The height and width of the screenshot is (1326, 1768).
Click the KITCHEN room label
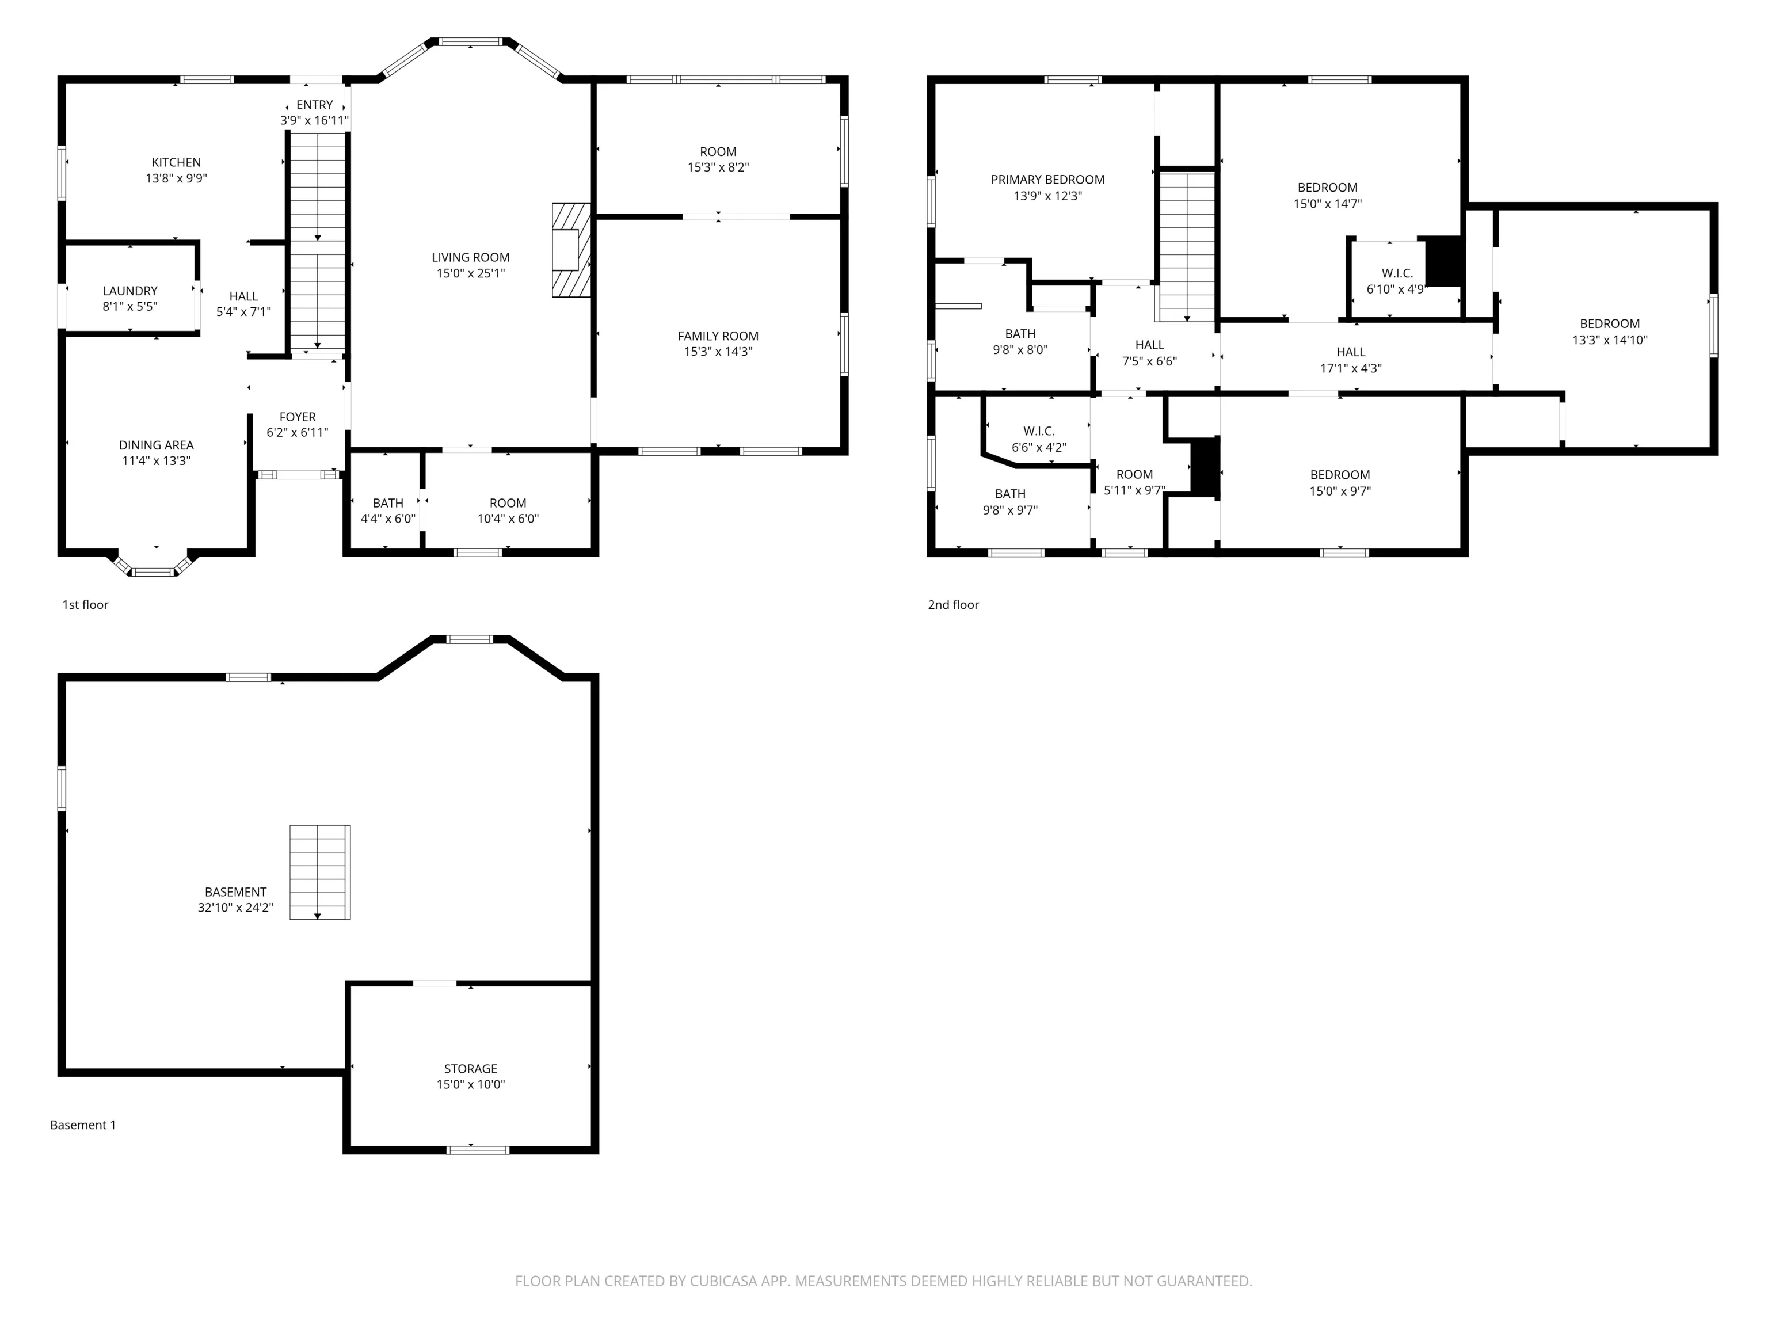click(x=176, y=162)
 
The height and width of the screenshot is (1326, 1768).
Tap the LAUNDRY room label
click(x=130, y=291)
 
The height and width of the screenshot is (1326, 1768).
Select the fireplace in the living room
click(x=571, y=250)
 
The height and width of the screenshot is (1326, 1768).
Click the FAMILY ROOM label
click(x=718, y=336)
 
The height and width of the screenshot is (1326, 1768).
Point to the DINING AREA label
click(x=156, y=445)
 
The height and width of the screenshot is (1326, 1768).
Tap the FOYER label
click(x=298, y=417)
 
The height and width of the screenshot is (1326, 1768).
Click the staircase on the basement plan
click(x=320, y=872)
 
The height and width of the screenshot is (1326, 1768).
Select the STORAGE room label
click(x=471, y=1069)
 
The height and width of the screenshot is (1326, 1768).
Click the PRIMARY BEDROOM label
click(x=1048, y=180)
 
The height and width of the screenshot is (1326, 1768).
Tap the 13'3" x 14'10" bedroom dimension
click(x=1610, y=340)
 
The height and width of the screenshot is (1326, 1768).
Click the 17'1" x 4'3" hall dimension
click(x=1351, y=368)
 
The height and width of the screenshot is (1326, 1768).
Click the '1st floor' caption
click(x=86, y=605)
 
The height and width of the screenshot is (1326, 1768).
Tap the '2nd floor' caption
click(x=954, y=605)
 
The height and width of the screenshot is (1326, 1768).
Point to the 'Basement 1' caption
click(x=83, y=1125)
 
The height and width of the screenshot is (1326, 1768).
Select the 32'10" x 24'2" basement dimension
click(x=236, y=908)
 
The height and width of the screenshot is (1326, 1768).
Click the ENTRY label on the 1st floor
click(x=315, y=105)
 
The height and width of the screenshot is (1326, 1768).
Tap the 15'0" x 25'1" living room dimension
click(x=471, y=273)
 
